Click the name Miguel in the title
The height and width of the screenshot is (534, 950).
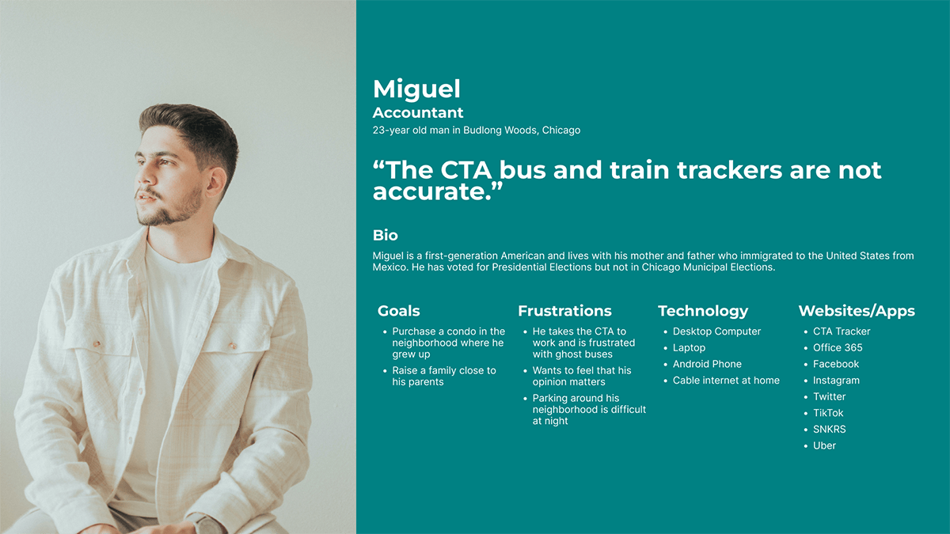416,89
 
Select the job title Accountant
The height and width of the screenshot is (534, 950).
418,112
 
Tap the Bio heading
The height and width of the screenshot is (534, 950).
385,235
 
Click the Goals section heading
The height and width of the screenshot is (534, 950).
399,311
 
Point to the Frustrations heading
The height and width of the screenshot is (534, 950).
564,311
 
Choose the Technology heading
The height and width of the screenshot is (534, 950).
703,311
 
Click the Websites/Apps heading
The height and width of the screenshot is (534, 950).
857,311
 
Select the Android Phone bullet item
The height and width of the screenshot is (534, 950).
707,364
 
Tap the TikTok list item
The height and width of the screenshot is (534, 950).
828,413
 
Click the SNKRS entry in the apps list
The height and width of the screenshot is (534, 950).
829,430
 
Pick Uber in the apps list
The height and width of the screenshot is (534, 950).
824,445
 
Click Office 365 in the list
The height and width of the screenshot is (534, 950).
838,347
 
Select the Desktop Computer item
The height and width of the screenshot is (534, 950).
716,331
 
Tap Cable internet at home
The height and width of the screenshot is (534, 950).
726,381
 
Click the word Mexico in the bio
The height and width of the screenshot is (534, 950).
389,267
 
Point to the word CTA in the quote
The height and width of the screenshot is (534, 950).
465,170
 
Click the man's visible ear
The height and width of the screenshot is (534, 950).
215,184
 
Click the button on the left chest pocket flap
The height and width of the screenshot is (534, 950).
97,343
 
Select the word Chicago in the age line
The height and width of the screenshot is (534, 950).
561,130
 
